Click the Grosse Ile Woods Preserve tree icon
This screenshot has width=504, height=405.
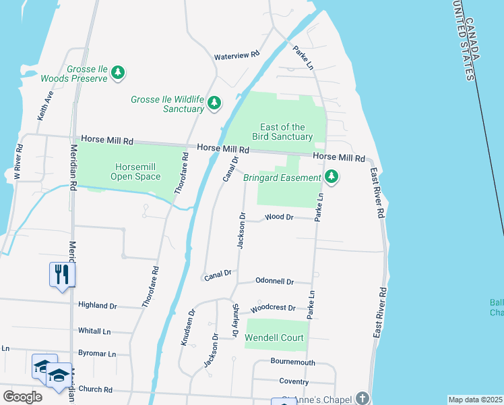(x=119, y=72)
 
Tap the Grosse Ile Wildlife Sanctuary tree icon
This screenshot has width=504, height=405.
(x=214, y=103)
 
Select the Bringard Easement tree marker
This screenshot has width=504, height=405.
(x=331, y=178)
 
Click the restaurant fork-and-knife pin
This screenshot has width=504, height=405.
(x=62, y=275)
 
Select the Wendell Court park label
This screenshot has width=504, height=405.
(x=274, y=337)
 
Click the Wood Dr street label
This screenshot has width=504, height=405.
(x=279, y=217)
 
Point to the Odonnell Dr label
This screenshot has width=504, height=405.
(x=274, y=281)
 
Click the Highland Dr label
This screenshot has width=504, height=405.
(x=97, y=305)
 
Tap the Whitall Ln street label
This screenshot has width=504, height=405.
(x=94, y=331)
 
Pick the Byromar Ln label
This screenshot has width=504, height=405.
(x=97, y=353)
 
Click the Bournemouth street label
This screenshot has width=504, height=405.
(x=293, y=362)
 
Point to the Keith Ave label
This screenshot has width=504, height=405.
(x=46, y=107)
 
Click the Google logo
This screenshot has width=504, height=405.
(x=22, y=397)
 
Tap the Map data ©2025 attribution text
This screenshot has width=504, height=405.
(x=475, y=400)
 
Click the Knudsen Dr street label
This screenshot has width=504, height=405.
(x=187, y=328)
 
